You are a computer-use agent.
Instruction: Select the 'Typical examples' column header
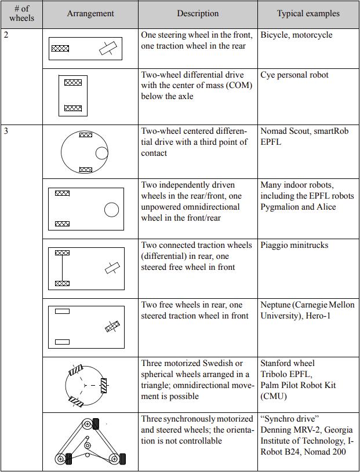click(x=308, y=13)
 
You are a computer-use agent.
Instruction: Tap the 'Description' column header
click(x=198, y=13)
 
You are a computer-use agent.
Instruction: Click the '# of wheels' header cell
click(x=21, y=13)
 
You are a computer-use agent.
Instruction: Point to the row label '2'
click(x=6, y=35)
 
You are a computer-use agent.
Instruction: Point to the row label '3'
click(x=6, y=131)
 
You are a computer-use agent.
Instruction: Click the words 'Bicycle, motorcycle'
click(x=296, y=35)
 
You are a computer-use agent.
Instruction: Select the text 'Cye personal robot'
click(x=294, y=75)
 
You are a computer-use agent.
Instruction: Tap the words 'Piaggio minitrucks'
click(x=294, y=245)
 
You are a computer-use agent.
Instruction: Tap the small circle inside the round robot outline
click(x=101, y=153)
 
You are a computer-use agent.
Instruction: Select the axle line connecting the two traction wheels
click(x=61, y=268)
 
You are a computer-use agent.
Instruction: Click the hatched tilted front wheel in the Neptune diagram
click(x=112, y=327)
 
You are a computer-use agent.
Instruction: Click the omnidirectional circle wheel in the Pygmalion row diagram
click(x=111, y=210)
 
